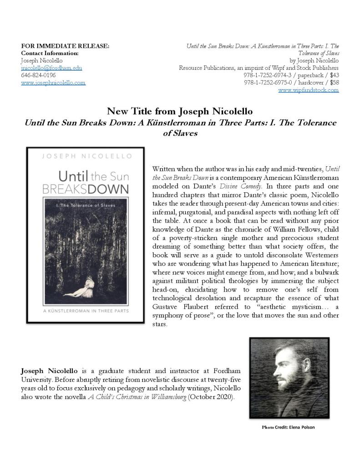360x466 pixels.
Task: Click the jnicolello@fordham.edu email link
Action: (51, 68)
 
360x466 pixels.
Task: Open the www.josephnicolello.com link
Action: (53, 82)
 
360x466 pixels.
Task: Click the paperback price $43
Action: (335, 75)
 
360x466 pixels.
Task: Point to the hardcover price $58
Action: (335, 82)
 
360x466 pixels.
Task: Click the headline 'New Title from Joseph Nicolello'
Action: (180, 111)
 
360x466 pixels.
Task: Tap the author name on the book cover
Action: (85, 157)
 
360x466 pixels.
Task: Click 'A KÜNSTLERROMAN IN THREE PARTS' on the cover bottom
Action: (85, 311)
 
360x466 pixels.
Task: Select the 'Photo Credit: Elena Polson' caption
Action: (288, 427)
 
